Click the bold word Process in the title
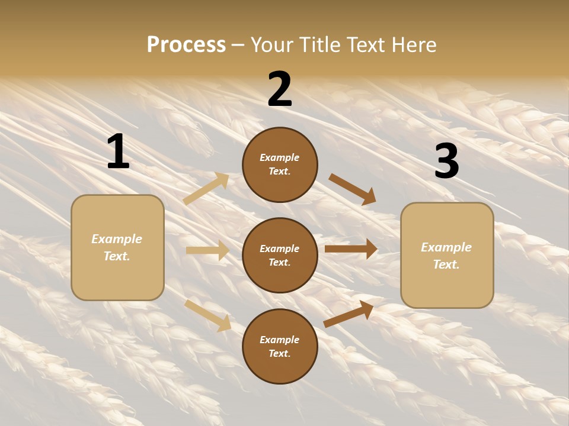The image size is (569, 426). (x=186, y=45)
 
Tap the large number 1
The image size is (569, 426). (x=118, y=152)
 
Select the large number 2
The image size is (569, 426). (x=280, y=90)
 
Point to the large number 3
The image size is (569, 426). (x=446, y=162)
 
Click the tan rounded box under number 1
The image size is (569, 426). (x=117, y=247)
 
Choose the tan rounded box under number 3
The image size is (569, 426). (x=447, y=255)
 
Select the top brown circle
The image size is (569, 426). (x=280, y=164)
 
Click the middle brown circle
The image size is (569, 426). (x=280, y=255)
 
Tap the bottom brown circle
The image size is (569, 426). (x=280, y=346)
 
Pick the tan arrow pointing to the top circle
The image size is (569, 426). (x=206, y=189)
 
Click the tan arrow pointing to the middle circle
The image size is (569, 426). (x=207, y=251)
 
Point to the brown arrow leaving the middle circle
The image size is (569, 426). (x=351, y=249)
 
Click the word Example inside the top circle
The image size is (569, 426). (x=280, y=157)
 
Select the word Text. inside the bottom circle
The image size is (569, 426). (x=280, y=353)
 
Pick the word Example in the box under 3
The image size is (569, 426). (x=446, y=247)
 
